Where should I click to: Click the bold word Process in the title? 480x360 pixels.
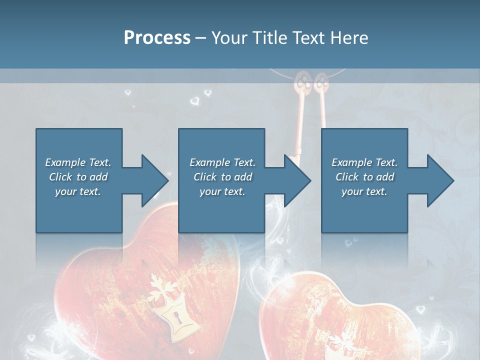pos(157,37)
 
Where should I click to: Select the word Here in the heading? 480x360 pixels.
pos(348,37)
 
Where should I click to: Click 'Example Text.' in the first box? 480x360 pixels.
pos(78,162)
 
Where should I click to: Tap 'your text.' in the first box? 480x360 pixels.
pos(78,191)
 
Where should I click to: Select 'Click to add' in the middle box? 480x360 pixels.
pos(222,177)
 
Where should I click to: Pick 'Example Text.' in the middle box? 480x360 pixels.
pos(222,162)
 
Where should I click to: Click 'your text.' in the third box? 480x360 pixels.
pos(364,191)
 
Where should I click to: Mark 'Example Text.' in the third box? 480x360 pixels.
pos(364,162)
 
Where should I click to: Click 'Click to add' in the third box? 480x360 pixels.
pos(364,177)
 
